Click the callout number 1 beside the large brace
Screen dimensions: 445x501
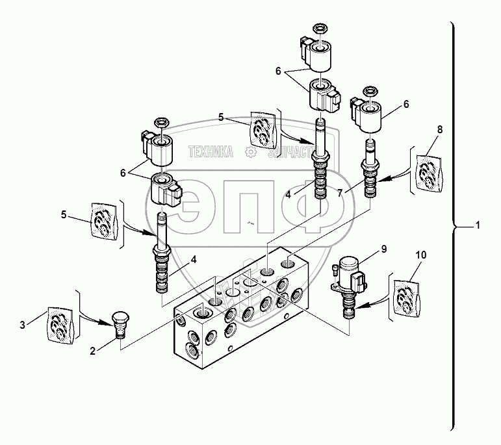point(478,225)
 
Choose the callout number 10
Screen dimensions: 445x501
point(420,255)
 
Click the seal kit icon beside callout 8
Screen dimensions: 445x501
point(429,171)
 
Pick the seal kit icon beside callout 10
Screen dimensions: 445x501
point(406,296)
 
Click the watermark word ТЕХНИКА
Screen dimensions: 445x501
point(211,152)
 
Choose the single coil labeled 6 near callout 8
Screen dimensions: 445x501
point(369,117)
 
